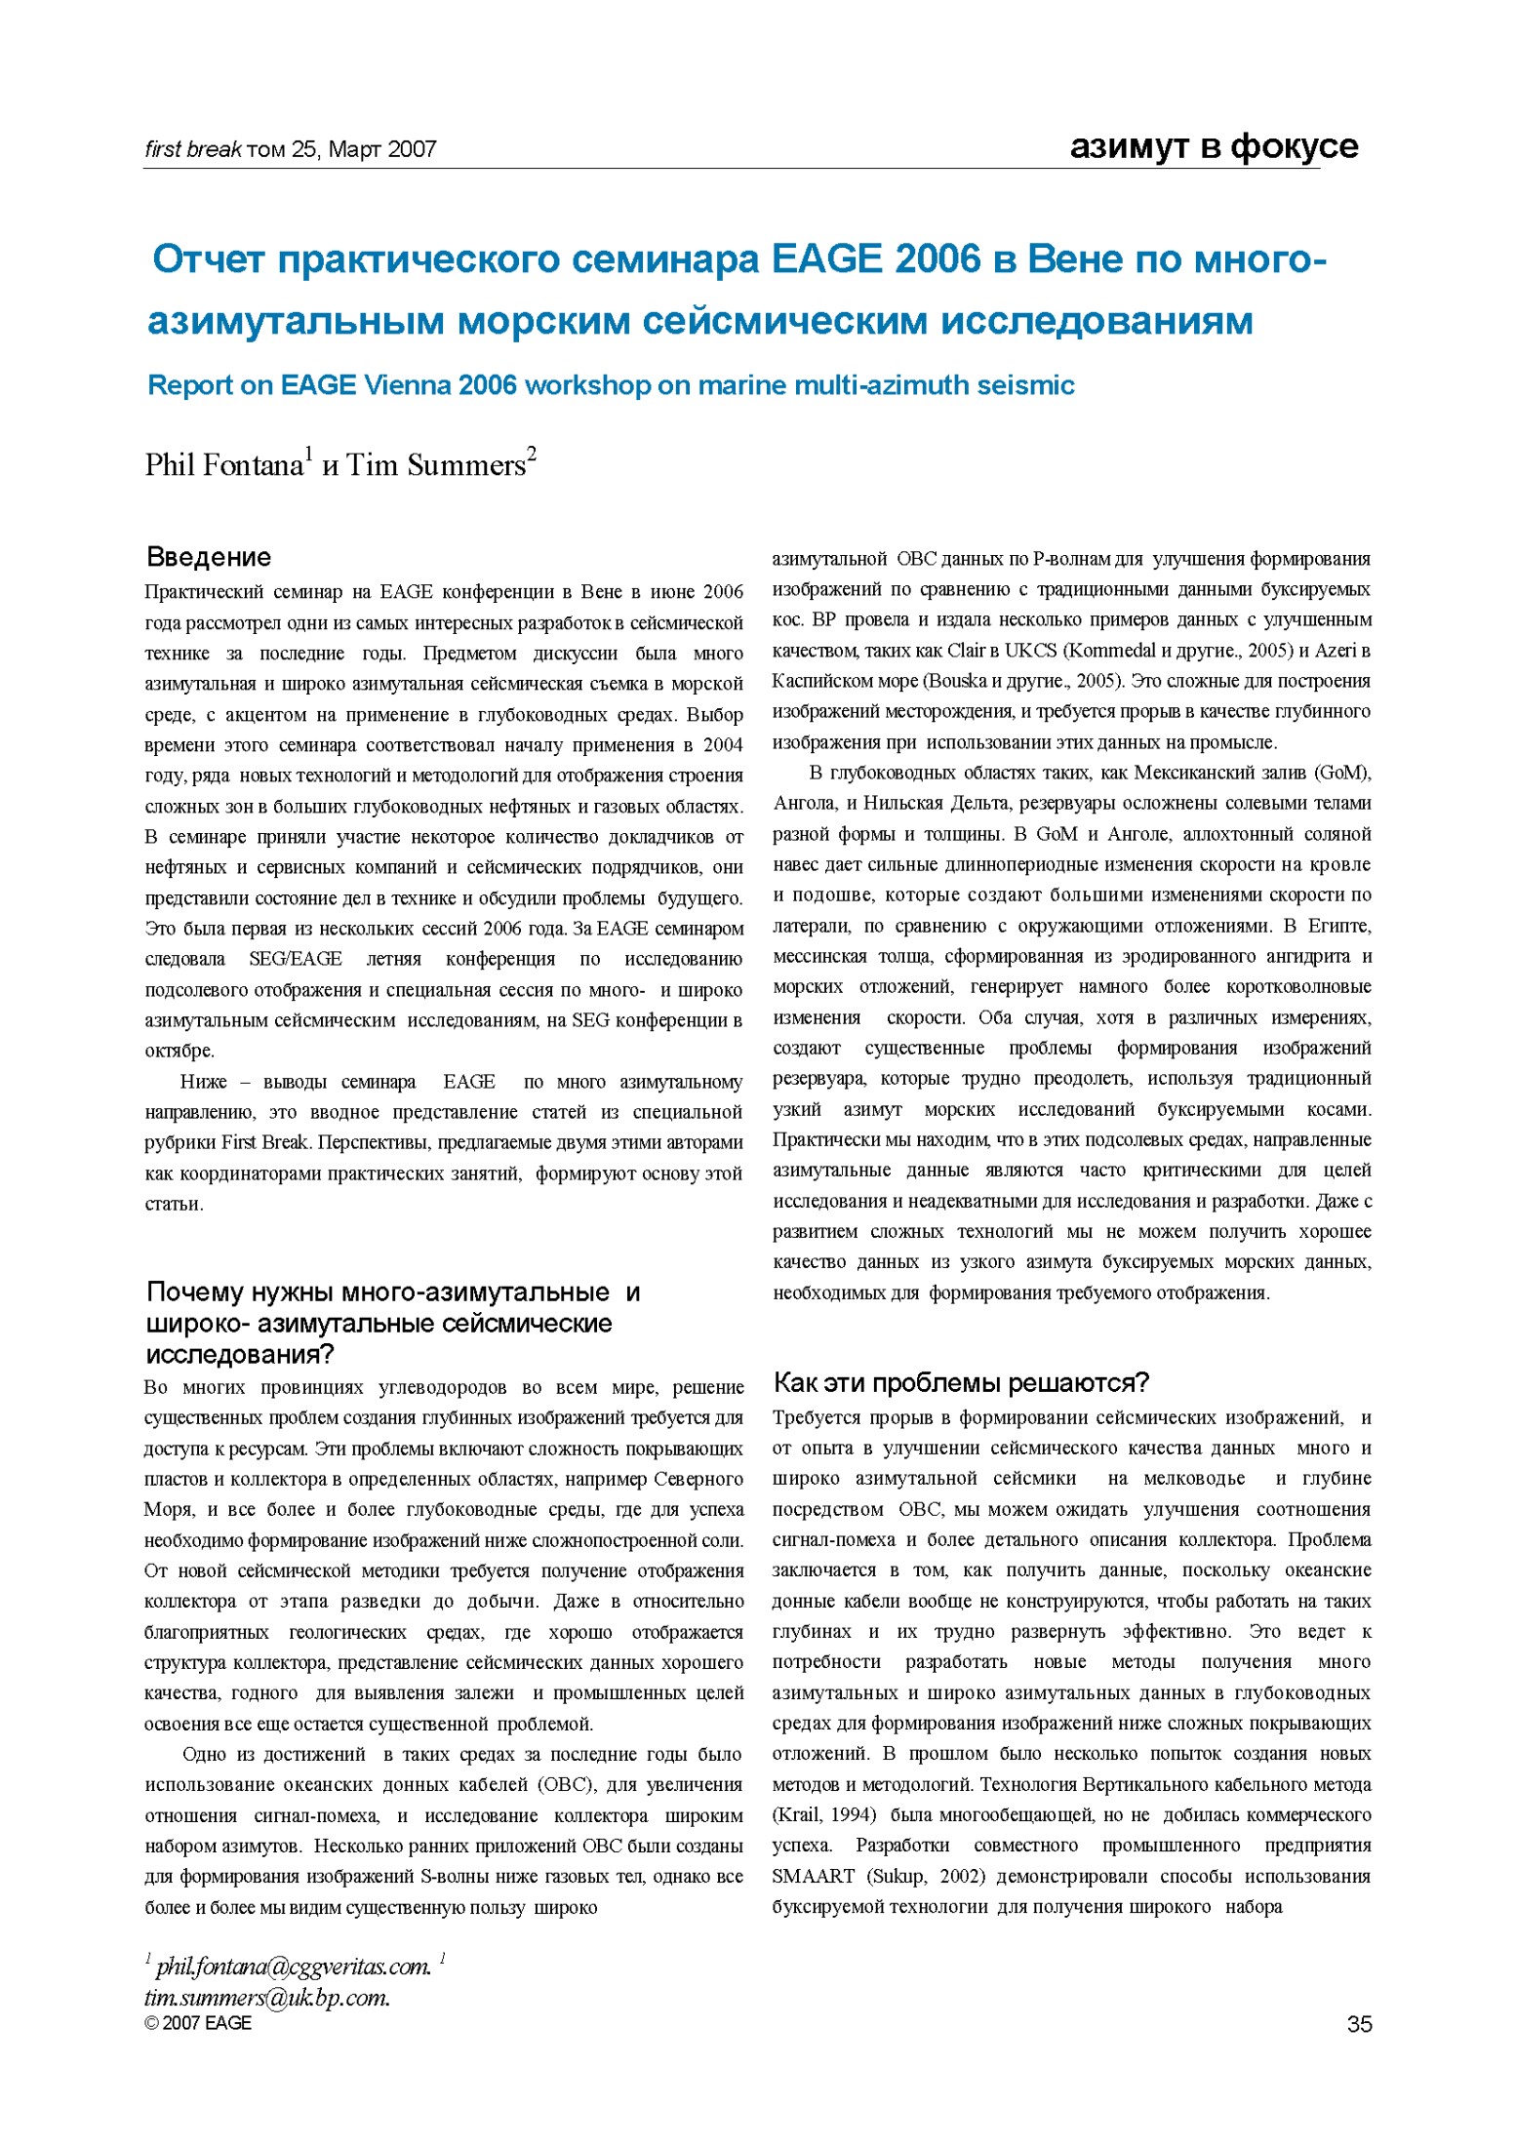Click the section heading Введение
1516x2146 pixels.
[208, 557]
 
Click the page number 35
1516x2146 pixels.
[1359, 2024]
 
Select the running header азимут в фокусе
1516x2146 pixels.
[1214, 146]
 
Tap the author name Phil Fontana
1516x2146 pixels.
[224, 465]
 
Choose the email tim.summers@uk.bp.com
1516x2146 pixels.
[266, 1997]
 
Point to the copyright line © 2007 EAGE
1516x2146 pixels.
[198, 2023]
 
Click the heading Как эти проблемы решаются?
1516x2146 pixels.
[961, 1382]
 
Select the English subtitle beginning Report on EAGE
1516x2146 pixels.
[611, 385]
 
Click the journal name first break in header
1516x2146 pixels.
[193, 149]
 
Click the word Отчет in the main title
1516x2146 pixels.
[209, 259]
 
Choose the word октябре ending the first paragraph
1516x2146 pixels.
[179, 1051]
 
